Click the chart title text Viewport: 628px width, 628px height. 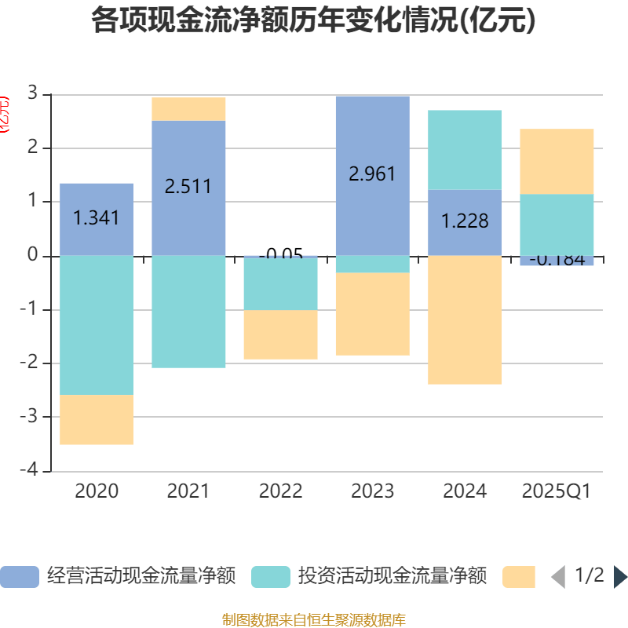click(313, 21)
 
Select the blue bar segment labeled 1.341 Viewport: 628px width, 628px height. click(97, 218)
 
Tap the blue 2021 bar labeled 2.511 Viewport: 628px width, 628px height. click(188, 187)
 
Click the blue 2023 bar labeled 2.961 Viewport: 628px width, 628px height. click(372, 174)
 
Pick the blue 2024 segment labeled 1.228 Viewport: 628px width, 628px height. click(465, 222)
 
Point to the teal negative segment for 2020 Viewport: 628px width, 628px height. click(97, 325)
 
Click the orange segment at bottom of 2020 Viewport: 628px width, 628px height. click(97, 420)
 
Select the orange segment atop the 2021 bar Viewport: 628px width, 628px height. click(188, 108)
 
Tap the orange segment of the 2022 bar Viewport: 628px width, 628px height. click(280, 335)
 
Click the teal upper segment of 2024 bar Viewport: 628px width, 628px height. click(465, 149)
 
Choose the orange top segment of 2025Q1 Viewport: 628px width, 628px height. click(557, 161)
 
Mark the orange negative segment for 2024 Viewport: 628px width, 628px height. click(465, 320)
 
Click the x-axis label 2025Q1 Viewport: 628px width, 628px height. click(557, 491)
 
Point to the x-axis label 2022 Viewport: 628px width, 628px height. click(280, 491)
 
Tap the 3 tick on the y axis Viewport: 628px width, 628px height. click(33, 95)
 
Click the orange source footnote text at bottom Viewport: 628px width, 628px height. click(313, 620)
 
